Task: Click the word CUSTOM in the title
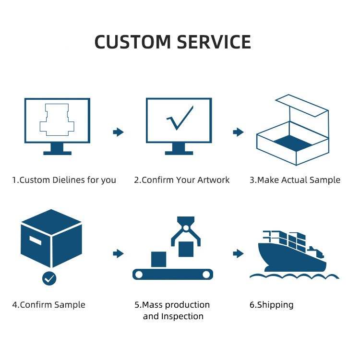pyautogui.click(x=132, y=42)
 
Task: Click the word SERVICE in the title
pyautogui.click(x=214, y=42)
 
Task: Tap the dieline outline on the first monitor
pyautogui.click(x=46, y=120)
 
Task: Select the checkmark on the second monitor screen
pyautogui.click(x=180, y=118)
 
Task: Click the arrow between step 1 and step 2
pyautogui.click(x=118, y=132)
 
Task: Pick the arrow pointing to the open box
pyautogui.click(x=238, y=132)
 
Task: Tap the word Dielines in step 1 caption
pyautogui.click(x=69, y=180)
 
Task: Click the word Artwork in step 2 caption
pyautogui.click(x=213, y=180)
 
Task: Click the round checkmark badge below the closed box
pyautogui.click(x=49, y=278)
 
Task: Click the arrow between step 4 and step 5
pyautogui.click(x=118, y=254)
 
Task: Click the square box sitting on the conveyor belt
pyautogui.click(x=159, y=259)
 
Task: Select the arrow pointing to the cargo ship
pyautogui.click(x=238, y=254)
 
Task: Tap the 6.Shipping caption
pyautogui.click(x=271, y=305)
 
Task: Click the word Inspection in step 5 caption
pyautogui.click(x=182, y=316)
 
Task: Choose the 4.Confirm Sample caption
pyautogui.click(x=48, y=305)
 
